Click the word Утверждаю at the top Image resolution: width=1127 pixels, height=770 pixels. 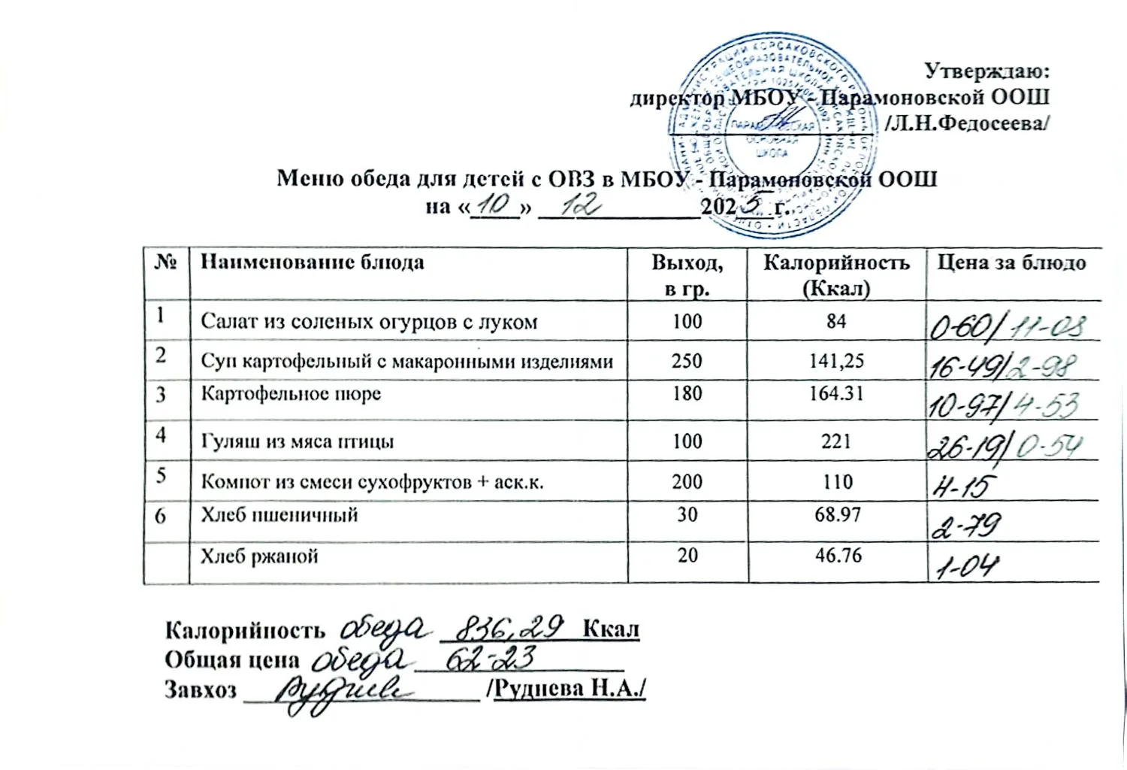986,72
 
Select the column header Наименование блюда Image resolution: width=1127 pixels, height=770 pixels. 312,262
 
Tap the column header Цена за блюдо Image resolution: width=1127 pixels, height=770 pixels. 1011,262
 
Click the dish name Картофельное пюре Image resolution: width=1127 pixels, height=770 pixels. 291,394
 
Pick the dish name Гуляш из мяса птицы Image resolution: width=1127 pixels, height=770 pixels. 297,441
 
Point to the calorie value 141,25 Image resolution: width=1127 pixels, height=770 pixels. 836,361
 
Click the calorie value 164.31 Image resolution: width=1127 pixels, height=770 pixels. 836,393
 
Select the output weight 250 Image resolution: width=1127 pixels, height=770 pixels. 687,361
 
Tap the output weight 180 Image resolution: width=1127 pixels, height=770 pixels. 687,393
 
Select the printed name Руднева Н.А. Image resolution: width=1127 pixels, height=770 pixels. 568,690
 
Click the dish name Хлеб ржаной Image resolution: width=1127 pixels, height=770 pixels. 259,556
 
